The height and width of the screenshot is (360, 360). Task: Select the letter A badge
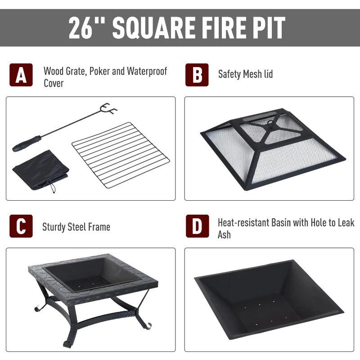tap(21, 75)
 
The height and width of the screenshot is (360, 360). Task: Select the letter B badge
tap(197, 75)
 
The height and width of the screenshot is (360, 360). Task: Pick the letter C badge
tap(21, 226)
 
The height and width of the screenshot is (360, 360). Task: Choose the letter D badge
tap(197, 226)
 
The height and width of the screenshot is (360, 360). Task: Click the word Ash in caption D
tap(224, 234)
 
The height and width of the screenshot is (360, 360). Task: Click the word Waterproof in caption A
tap(147, 71)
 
